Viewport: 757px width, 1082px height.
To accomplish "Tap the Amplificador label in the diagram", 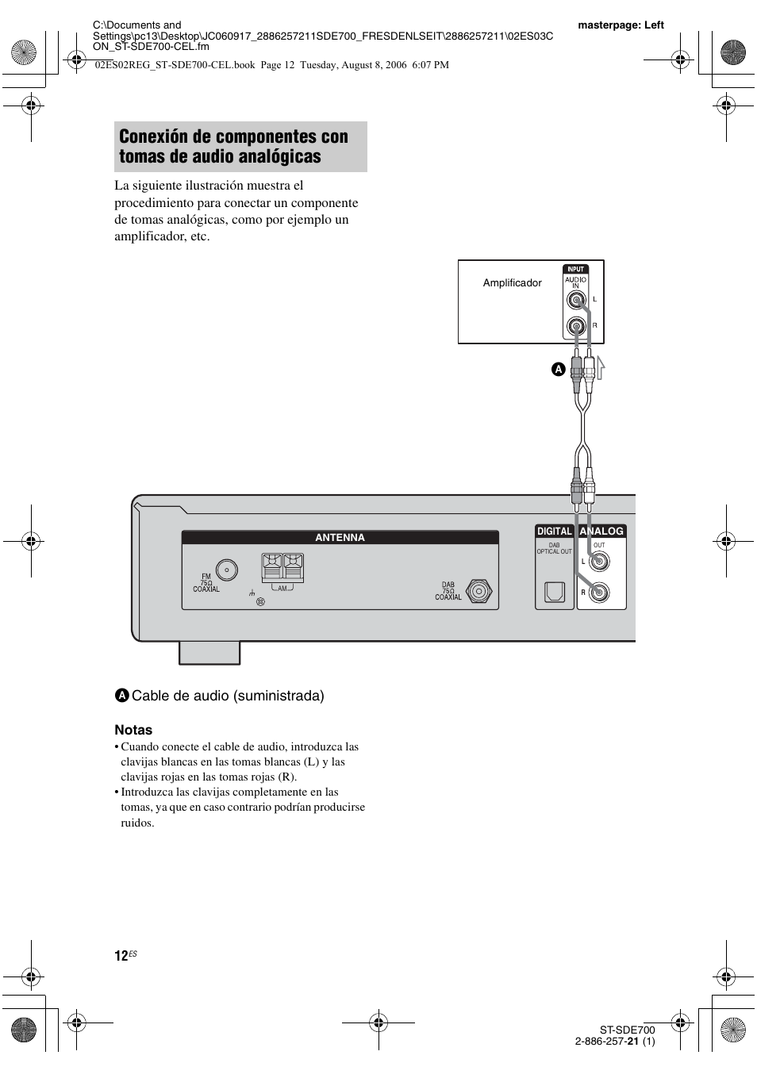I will (512, 283).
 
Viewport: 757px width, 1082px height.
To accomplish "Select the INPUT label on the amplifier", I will (576, 270).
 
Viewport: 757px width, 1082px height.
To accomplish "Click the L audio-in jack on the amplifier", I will (576, 300).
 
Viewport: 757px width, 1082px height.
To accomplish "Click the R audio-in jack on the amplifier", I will (576, 326).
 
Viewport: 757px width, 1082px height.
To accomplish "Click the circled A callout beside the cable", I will (558, 370).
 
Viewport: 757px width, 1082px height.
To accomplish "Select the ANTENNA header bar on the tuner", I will (340, 538).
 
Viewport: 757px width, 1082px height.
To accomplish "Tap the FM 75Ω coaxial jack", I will (227, 571).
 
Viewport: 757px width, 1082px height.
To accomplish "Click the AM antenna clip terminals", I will (282, 569).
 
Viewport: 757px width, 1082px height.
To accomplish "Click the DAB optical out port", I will (554, 592).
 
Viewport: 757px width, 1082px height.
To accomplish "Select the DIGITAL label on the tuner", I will (555, 531).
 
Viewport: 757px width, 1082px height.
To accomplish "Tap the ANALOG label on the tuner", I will (601, 531).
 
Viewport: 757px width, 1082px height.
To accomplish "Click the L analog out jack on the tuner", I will (599, 562).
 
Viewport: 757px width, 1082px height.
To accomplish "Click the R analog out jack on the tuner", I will (599, 592).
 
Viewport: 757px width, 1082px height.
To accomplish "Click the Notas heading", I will (133, 730).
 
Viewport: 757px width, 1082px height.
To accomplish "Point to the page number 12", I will (121, 956).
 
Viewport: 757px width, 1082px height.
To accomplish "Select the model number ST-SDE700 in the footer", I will (628, 1030).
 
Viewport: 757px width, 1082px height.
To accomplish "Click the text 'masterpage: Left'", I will (621, 25).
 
